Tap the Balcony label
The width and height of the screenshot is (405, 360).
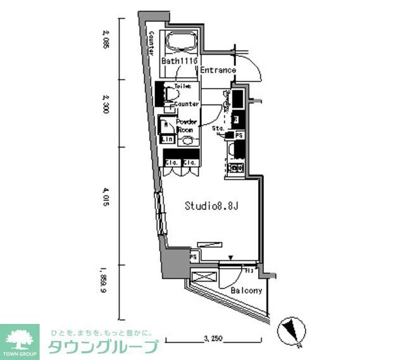(246, 291)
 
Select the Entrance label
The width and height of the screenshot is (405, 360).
(218, 70)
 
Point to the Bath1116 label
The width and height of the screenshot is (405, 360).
(180, 61)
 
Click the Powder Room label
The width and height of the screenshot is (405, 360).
(185, 125)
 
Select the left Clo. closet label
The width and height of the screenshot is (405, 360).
(171, 162)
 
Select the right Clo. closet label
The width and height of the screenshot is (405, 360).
(189, 162)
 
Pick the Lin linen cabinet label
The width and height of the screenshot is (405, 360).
(167, 139)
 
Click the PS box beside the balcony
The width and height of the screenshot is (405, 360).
(194, 258)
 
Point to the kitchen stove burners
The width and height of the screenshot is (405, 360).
(235, 168)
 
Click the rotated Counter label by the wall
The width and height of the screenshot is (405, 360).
(153, 44)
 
